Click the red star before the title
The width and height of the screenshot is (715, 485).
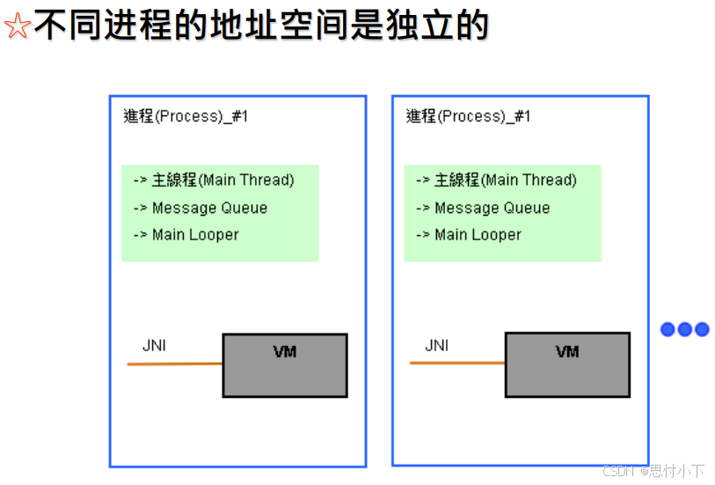pos(17,26)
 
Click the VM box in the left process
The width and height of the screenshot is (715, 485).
pos(285,364)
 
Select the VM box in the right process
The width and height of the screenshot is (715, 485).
pos(567,364)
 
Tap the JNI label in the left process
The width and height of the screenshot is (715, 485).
pos(154,345)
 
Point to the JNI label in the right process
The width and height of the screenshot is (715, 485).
pos(436,345)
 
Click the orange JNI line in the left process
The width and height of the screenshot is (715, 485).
pos(174,364)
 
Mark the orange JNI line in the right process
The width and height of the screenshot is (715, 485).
pos(456,363)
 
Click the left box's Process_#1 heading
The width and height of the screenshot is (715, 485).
pos(186,116)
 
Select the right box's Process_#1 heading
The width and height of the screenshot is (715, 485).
pos(468,116)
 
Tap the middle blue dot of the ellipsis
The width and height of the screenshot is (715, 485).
pos(684,329)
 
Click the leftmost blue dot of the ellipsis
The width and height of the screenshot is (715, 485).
pos(668,329)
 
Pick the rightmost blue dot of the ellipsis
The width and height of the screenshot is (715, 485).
pos(701,329)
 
